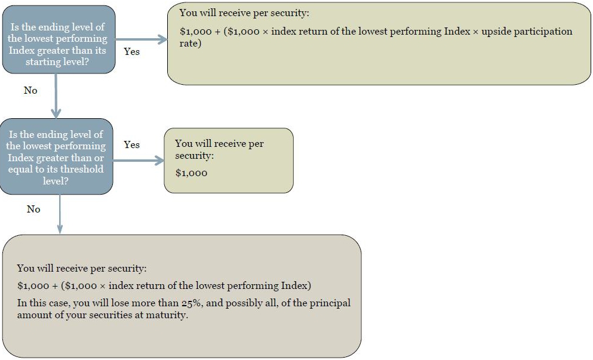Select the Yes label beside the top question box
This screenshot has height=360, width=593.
pyautogui.click(x=131, y=51)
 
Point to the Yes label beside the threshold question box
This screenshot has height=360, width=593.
pyautogui.click(x=131, y=144)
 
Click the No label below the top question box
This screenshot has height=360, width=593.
pyautogui.click(x=30, y=90)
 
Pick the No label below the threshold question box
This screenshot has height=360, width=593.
pyautogui.click(x=33, y=209)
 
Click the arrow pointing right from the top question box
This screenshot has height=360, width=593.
pyautogui.click(x=141, y=39)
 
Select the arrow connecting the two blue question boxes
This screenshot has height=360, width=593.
pyautogui.click(x=56, y=96)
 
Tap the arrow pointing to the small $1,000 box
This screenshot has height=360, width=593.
pyautogui.click(x=139, y=161)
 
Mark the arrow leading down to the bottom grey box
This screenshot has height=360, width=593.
pyautogui.click(x=60, y=214)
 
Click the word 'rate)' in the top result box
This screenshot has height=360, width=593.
pyautogui.click(x=191, y=44)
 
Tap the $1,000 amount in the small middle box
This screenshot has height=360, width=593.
pyautogui.click(x=191, y=173)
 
